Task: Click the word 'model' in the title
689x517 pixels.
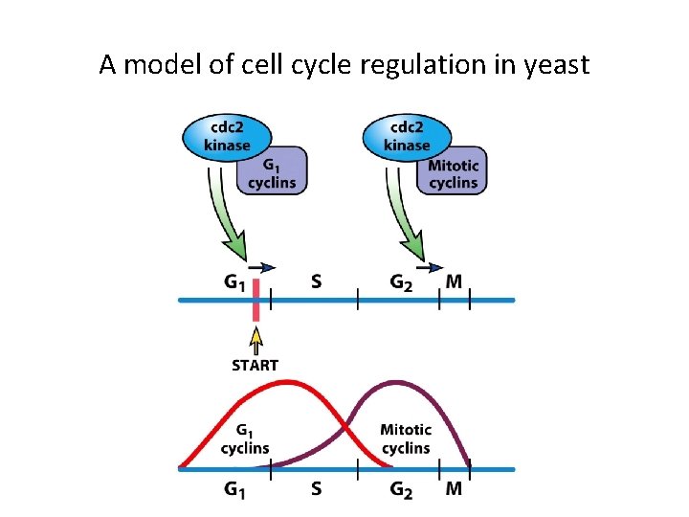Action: click(x=156, y=65)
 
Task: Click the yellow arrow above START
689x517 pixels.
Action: click(x=256, y=340)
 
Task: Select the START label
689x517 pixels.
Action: click(x=256, y=365)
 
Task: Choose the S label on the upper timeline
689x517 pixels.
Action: click(x=317, y=281)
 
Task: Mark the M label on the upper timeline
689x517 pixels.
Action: click(x=454, y=281)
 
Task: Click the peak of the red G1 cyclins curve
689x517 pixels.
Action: click(x=285, y=382)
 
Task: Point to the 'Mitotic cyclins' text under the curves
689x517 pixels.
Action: click(x=406, y=438)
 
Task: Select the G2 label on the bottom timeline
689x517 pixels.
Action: click(x=402, y=489)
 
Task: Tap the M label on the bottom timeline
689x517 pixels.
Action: click(x=454, y=489)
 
